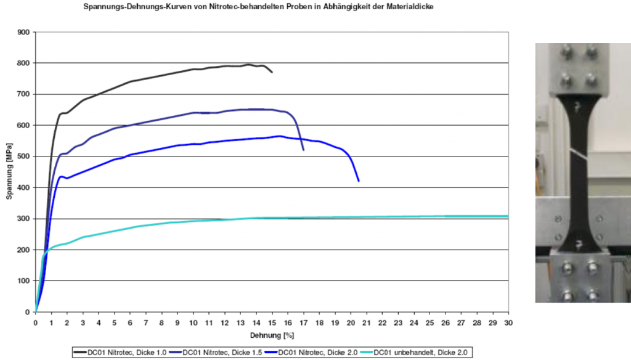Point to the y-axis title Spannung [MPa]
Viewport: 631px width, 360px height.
coord(10,172)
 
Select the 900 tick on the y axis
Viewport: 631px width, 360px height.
coord(23,32)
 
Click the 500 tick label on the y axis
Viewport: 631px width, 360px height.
coord(23,157)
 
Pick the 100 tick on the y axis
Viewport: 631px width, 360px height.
coord(23,281)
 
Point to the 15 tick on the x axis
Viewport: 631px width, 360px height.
coord(272,322)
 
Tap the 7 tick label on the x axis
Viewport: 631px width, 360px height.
coord(146,322)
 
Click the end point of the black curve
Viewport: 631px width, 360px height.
coord(272,72)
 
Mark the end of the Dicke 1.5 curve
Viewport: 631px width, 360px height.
coord(303,150)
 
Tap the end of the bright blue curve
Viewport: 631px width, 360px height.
coord(359,181)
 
